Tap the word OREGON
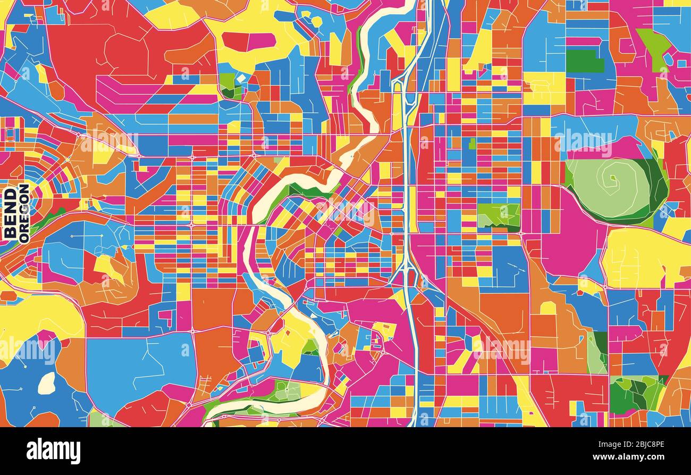24,213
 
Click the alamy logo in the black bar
53,451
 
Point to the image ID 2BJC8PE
645,443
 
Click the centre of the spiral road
612,178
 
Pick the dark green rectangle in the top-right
585,61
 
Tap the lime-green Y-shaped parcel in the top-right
655,45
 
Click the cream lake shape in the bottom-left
47,383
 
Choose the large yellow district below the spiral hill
643,258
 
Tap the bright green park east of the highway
498,215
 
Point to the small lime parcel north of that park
471,144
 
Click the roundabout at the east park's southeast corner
520,232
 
